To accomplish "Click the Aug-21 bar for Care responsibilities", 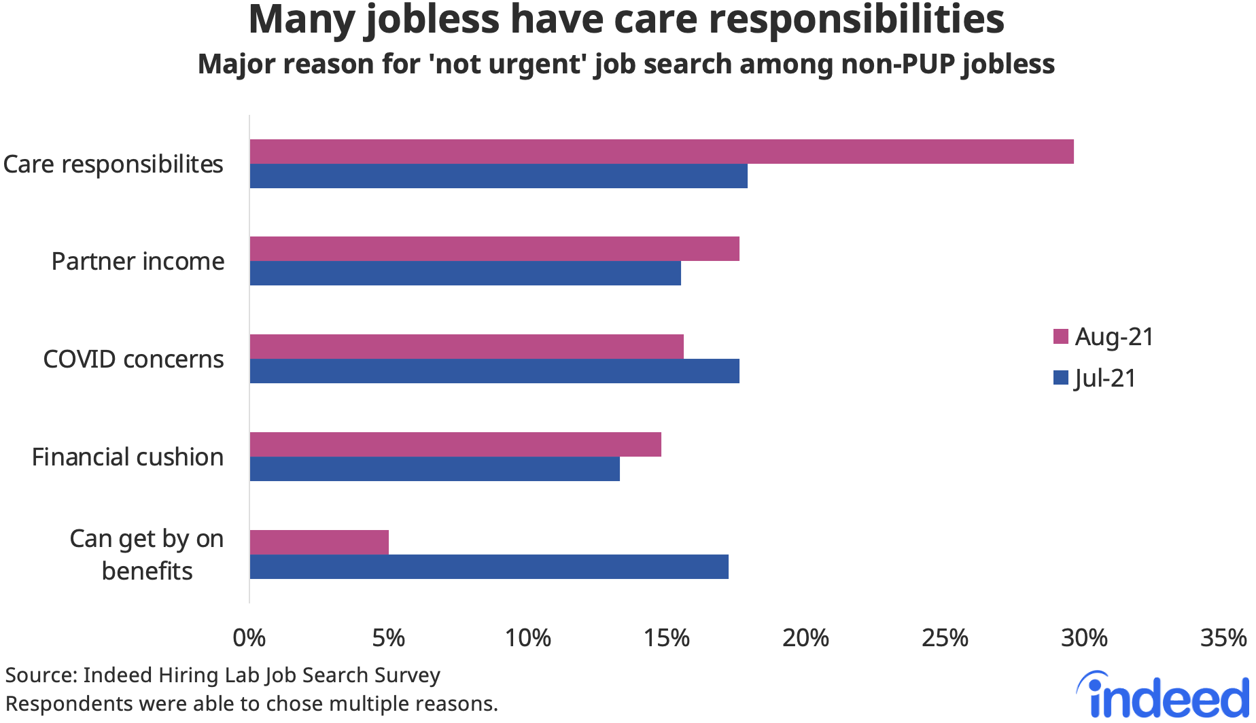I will point(661,152).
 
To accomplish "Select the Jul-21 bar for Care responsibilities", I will point(498,176).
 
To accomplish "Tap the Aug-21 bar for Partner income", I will point(494,249).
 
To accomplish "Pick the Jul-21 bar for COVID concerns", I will point(494,371).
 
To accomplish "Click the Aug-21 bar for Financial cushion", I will point(455,444).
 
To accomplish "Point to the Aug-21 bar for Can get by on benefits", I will point(319,542).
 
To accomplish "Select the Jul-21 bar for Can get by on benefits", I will point(489,567).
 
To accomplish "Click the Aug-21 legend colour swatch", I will point(1060,336).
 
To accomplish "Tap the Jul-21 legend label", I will point(1105,378).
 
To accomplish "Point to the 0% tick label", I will point(249,638).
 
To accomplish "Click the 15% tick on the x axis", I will point(666,638).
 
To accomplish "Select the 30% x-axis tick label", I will point(1083,638).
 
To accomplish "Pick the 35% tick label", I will point(1223,638).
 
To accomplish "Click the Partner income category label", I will point(138,262).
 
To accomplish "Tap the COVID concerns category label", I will point(133,359).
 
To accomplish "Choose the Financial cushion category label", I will point(128,457).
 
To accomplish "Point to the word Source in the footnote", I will point(40,675).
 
